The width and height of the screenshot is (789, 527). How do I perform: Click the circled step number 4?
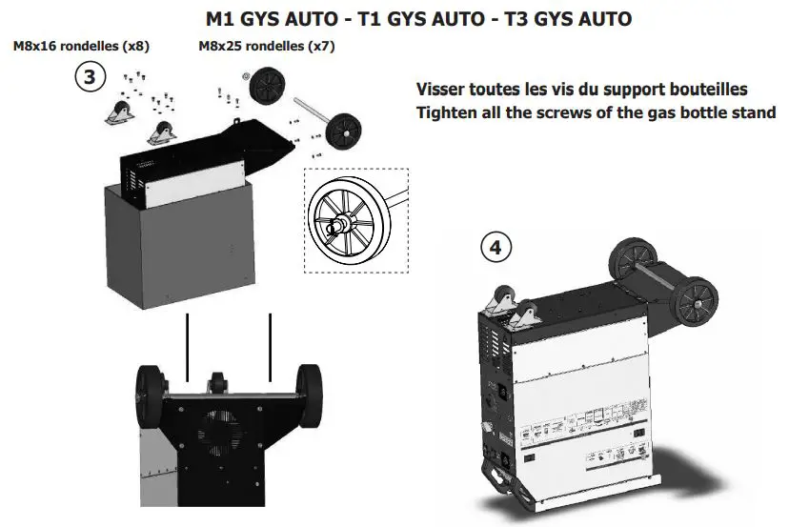tap(494, 248)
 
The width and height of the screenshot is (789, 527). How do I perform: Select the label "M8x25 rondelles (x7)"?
tap(266, 46)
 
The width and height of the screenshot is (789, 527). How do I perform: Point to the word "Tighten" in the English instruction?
tap(450, 112)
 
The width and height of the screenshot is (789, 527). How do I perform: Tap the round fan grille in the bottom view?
tap(219, 434)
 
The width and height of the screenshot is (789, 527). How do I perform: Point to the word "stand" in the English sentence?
tap(754, 112)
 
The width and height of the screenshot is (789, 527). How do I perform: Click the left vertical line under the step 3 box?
tap(188, 343)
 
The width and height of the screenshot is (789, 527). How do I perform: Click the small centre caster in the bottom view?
tap(218, 381)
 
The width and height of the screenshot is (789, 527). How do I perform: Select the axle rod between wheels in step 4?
tap(662, 275)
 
